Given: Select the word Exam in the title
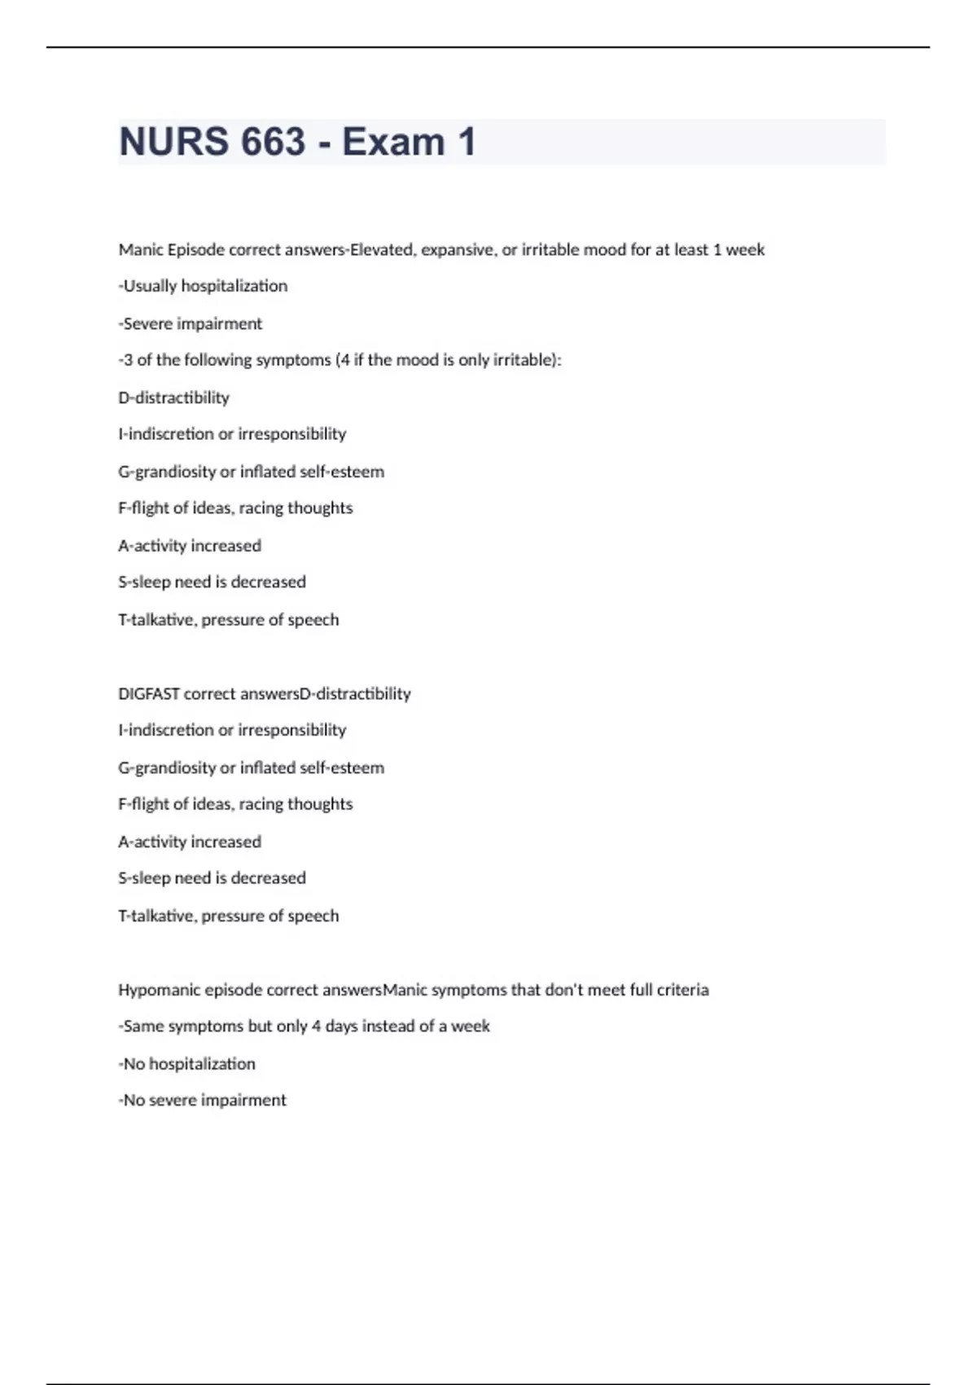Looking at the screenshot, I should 393,142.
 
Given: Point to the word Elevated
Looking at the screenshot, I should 381,249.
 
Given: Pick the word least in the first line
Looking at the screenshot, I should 691,249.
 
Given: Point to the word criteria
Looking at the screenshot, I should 682,990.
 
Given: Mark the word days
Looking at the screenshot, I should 341,1027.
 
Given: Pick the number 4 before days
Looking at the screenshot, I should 316,1027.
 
